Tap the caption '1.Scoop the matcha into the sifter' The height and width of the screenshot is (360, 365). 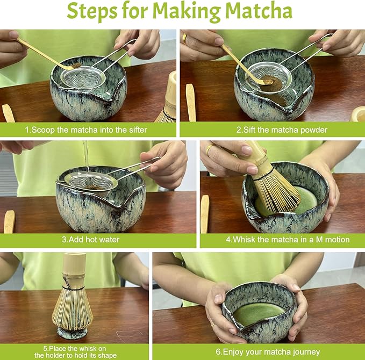pyautogui.click(x=85, y=129)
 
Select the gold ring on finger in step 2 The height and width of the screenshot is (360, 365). pyautogui.click(x=185, y=38)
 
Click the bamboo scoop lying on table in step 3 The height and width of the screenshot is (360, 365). pyautogui.click(x=9, y=221)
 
